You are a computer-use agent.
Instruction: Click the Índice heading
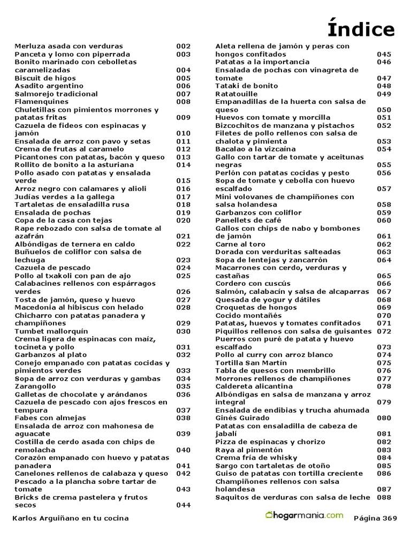pyautogui.click(x=361, y=29)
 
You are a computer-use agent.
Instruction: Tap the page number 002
pyautogui.click(x=183, y=47)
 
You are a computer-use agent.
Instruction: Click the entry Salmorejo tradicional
pyautogui.click(x=56, y=94)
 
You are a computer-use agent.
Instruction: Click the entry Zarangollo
pyautogui.click(x=37, y=386)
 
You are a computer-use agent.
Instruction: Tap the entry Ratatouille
pyautogui.click(x=236, y=94)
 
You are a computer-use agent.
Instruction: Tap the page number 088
pyautogui.click(x=384, y=497)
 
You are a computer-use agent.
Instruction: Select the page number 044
pyautogui.click(x=183, y=505)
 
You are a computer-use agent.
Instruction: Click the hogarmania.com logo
pyautogui.click(x=305, y=516)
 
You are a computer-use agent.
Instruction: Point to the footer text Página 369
pyautogui.click(x=376, y=518)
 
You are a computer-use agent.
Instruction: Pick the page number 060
pyautogui.click(x=384, y=220)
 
